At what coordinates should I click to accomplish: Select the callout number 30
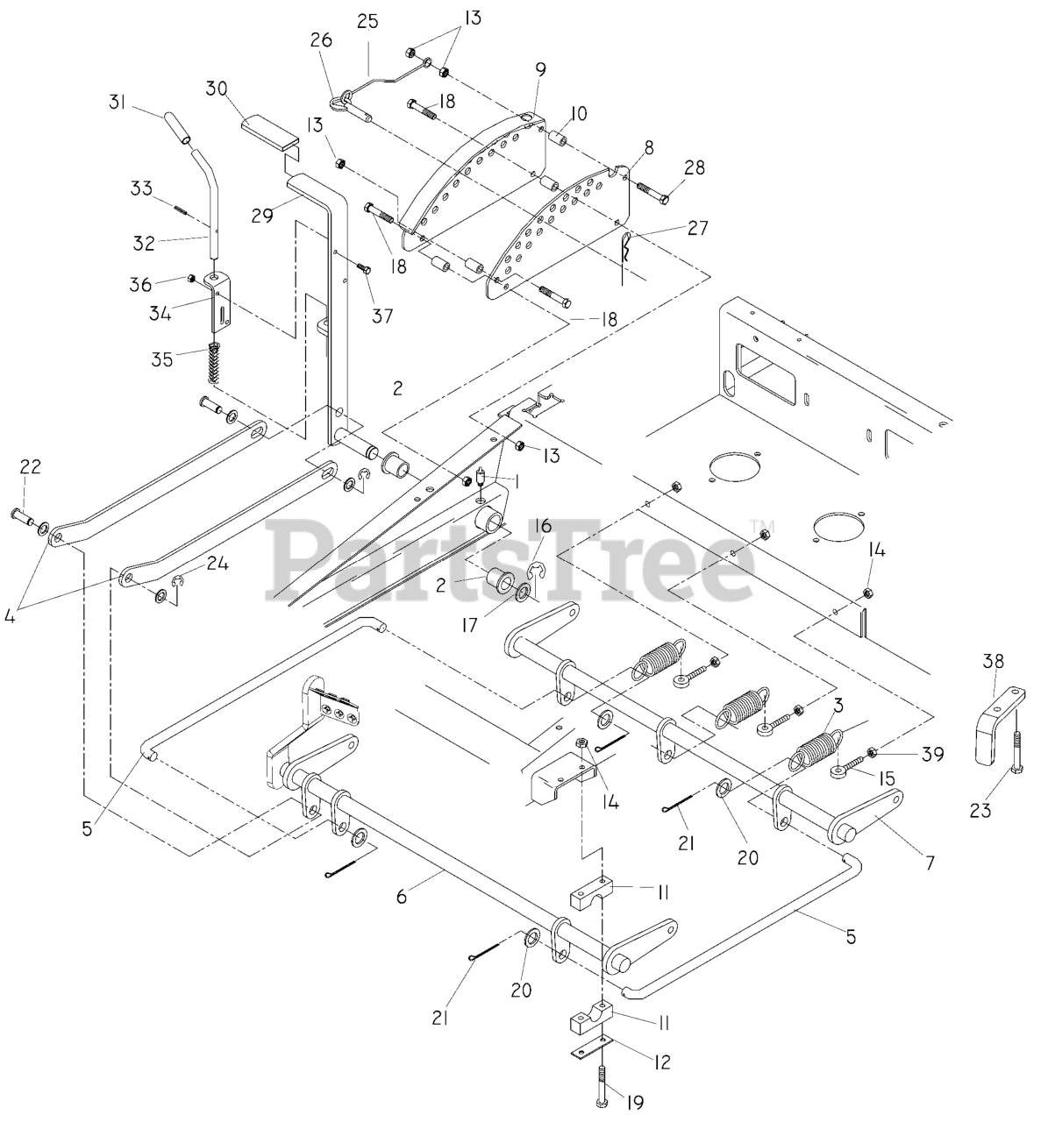217,89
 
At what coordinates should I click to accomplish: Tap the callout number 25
367,21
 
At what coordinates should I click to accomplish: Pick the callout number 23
980,810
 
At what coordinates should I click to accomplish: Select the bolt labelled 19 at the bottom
603,1081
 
